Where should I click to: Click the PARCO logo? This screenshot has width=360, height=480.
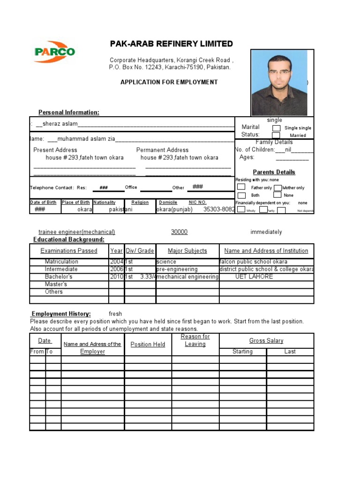tap(54, 52)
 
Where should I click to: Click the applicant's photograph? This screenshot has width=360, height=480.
tap(279, 82)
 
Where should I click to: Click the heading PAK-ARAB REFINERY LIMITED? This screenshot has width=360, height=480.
tap(171, 44)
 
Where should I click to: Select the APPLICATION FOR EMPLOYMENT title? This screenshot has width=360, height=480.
tap(169, 82)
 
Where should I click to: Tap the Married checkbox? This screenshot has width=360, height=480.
tap(277, 135)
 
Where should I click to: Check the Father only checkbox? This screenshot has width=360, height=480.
tap(241, 187)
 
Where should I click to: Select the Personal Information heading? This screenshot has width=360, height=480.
tap(68, 112)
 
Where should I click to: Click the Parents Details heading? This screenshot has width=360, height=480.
tap(274, 172)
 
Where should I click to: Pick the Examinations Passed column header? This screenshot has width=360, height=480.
tap(69, 251)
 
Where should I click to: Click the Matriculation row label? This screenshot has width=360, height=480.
tap(61, 262)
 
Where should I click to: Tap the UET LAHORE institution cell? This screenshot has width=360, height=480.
tap(254, 277)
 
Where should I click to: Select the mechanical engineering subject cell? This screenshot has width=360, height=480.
tap(187, 277)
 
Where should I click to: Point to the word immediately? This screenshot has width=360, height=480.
tap(266, 232)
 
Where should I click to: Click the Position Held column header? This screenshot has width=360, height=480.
tap(148, 344)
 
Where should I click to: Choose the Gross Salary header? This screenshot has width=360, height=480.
tap(266, 341)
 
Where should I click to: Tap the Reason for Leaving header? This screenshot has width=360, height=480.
tap(195, 340)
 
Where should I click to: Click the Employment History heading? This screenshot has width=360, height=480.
tap(61, 314)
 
